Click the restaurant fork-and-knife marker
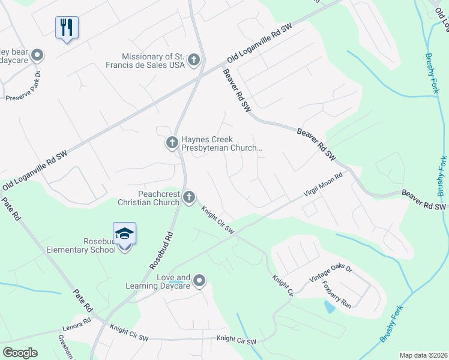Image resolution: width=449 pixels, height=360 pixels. (x=67, y=27)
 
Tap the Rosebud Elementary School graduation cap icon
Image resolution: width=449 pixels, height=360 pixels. (x=124, y=233)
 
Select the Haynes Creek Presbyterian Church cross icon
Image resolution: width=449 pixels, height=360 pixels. (x=172, y=142)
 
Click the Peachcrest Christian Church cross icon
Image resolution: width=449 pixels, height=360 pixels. (x=189, y=197)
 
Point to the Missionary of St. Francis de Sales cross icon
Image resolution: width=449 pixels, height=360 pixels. (x=193, y=59)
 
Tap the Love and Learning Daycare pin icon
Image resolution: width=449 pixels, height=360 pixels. (x=200, y=280)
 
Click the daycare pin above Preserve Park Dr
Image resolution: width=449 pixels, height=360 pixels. (x=37, y=56)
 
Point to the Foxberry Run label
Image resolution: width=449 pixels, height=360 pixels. (x=337, y=294)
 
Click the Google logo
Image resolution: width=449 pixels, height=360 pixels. (x=20, y=353)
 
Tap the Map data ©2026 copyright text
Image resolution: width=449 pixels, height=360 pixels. (x=423, y=355)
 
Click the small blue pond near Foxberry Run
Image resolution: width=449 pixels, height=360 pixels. (x=329, y=308)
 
